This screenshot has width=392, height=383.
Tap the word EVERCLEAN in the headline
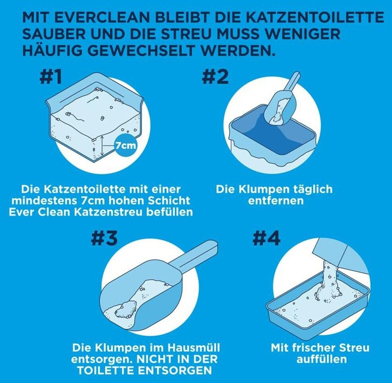click(102, 17)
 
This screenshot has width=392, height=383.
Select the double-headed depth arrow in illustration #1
click(102, 146)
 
